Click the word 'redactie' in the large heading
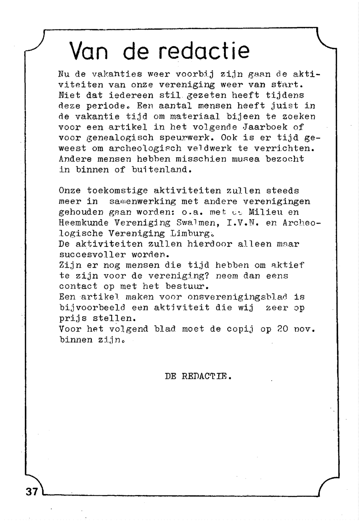click(x=204, y=51)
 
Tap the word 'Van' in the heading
click(x=89, y=52)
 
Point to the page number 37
click(x=32, y=491)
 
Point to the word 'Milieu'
click(x=265, y=212)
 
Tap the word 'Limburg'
click(x=190, y=234)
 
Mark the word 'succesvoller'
click(x=92, y=255)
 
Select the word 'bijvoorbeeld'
click(x=92, y=308)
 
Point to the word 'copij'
click(x=240, y=329)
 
